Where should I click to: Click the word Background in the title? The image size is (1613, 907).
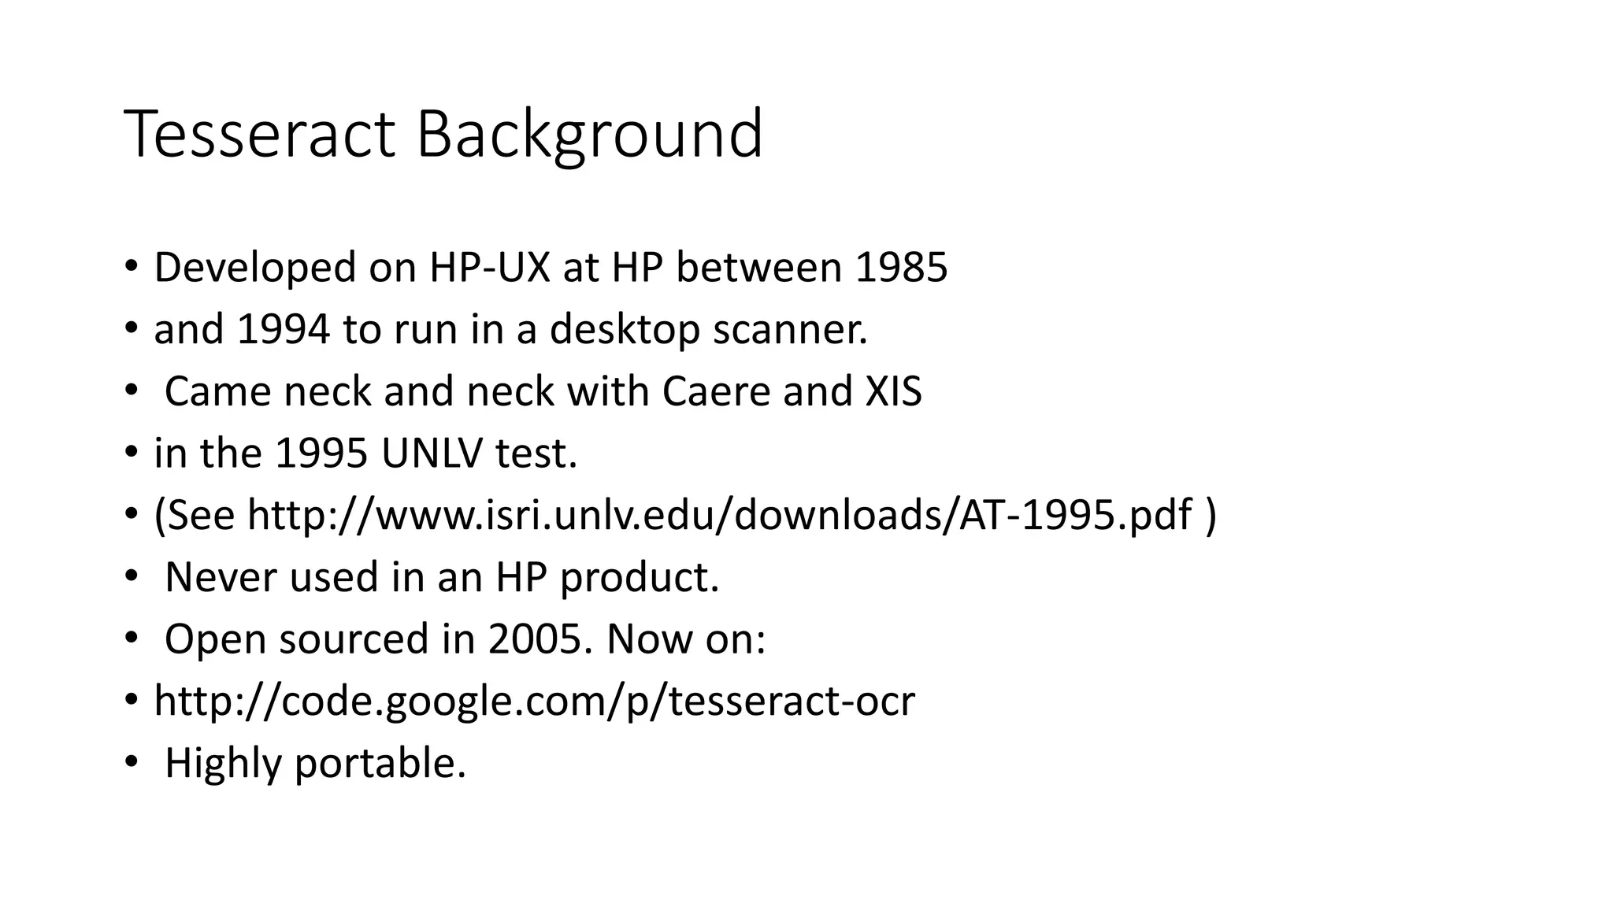click(589, 135)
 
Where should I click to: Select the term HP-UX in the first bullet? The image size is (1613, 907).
click(489, 268)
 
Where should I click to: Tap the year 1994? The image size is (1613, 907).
click(283, 329)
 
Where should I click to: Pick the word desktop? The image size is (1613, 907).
click(624, 329)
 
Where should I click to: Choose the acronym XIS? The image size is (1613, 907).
click(893, 391)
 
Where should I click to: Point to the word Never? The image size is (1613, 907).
click(221, 577)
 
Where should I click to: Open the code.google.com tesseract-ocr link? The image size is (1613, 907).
click(534, 702)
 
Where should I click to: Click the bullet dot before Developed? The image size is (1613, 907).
click(131, 266)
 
